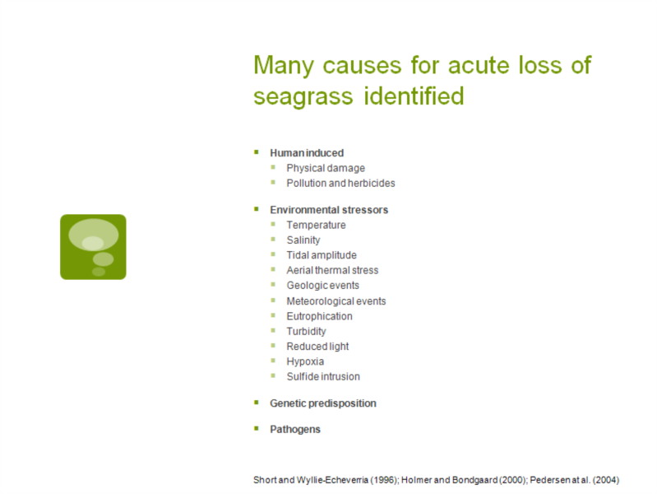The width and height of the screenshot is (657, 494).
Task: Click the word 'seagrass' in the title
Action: point(303,97)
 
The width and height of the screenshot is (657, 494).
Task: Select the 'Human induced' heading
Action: point(307,153)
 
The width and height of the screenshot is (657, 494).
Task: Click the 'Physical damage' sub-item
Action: point(326,168)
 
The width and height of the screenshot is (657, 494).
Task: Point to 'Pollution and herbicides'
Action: point(340,184)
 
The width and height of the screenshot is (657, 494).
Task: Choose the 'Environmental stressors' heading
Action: point(329,210)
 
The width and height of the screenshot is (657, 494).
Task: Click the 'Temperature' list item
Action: point(316,226)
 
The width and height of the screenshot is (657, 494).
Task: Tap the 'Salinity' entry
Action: point(303,240)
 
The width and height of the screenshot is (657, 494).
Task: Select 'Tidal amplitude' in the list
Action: point(322,255)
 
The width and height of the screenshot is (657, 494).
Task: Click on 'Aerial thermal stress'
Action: point(332,270)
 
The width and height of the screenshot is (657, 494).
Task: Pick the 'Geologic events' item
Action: point(322,286)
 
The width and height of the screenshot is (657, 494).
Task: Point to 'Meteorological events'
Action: point(336,301)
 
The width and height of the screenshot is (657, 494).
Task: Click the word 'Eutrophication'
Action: point(319,316)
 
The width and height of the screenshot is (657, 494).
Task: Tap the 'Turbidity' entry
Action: point(306,332)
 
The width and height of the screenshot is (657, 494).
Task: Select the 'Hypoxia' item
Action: point(305,361)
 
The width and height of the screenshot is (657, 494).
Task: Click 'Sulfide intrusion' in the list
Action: point(323,377)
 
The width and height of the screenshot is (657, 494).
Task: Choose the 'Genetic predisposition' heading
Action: point(323,403)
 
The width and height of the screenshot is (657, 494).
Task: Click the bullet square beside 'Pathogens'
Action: point(257,428)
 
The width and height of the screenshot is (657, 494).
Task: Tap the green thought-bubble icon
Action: point(93,247)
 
